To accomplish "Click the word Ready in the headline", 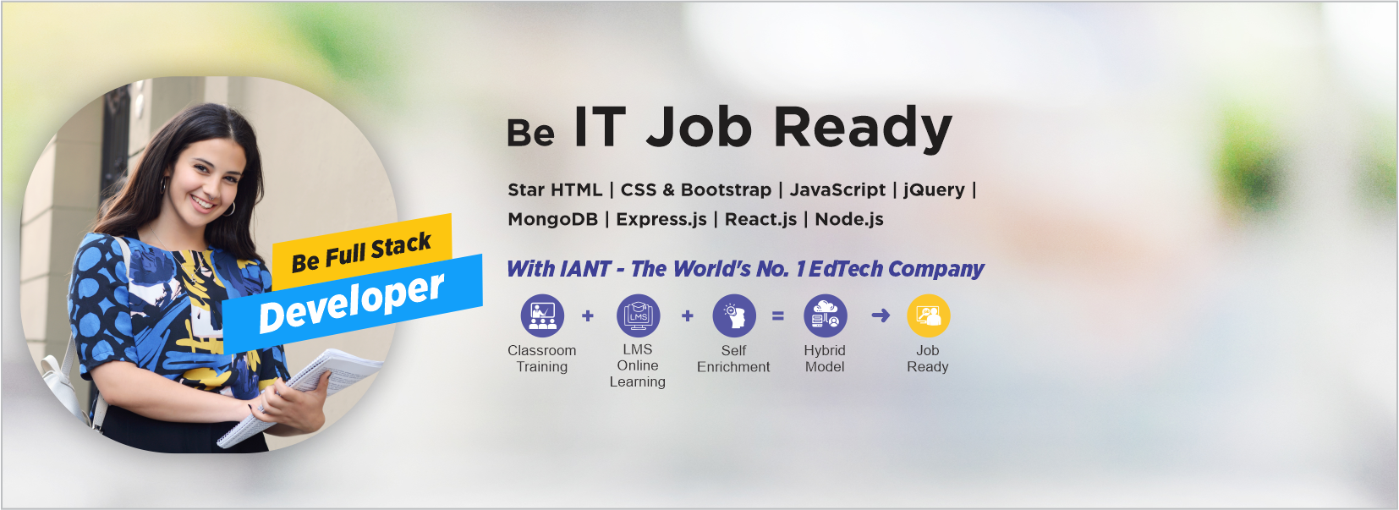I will tap(863, 129).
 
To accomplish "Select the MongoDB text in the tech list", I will tap(552, 219).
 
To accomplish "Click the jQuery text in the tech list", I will tap(934, 189).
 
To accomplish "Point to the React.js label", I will tap(760, 219).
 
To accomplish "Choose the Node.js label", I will tap(849, 219).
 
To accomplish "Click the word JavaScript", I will tap(837, 189).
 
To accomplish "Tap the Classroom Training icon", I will tap(542, 315).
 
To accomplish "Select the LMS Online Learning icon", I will tap(638, 315).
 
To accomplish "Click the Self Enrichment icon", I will tap(733, 315).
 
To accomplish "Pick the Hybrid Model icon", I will tap(825, 315).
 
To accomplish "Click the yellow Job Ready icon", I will tap(928, 315).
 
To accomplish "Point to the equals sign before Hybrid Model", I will tap(778, 315).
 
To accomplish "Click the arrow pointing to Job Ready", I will tap(881, 315).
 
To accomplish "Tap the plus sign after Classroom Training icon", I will tap(588, 315).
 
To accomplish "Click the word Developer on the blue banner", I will tap(351, 302).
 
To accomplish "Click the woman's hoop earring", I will tap(229, 208).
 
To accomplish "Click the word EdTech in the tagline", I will tap(846, 269).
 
